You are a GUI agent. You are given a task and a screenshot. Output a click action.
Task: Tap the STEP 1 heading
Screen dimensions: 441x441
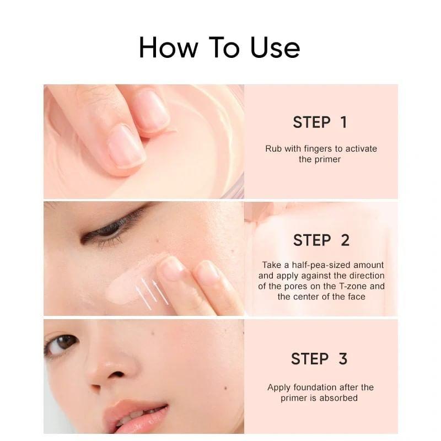[x=320, y=122]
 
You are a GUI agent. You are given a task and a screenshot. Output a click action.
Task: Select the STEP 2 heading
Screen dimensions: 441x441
[x=321, y=240]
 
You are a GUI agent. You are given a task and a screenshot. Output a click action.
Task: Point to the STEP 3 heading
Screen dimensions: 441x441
[x=319, y=359]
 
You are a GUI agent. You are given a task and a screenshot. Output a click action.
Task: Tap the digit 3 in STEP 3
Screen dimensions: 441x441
[x=343, y=359]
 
